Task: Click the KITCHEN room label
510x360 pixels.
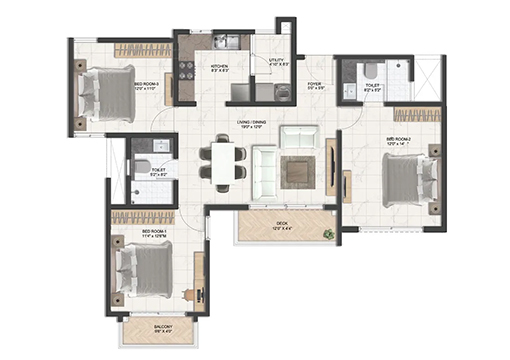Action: click(x=220, y=68)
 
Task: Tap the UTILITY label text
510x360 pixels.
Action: click(x=277, y=61)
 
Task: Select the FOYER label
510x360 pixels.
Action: click(x=314, y=86)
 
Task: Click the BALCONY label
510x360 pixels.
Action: click(x=163, y=327)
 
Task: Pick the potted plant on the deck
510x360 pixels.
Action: click(x=328, y=234)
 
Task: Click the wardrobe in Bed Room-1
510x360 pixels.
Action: click(x=150, y=216)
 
